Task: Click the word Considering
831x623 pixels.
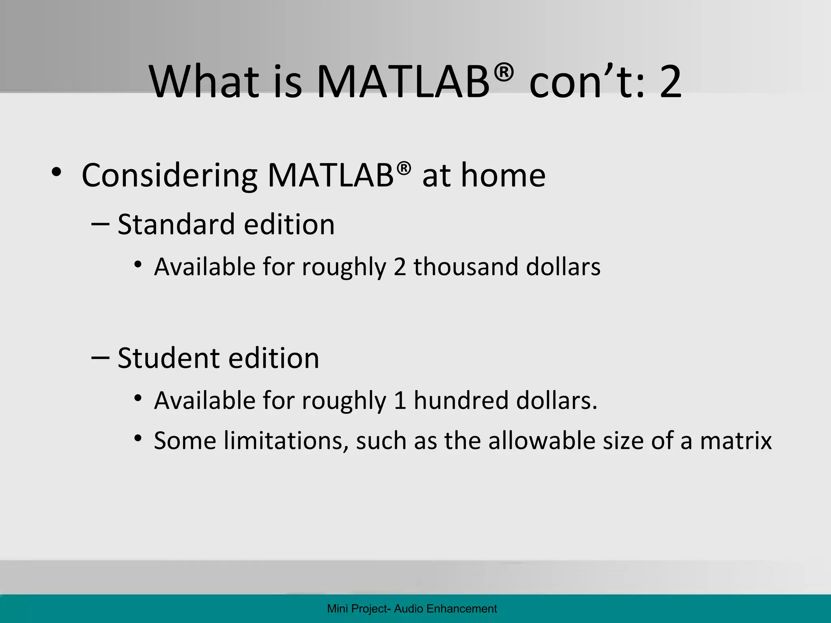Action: click(x=169, y=176)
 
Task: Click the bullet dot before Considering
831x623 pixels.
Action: click(x=56, y=172)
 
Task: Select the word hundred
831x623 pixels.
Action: click(x=461, y=401)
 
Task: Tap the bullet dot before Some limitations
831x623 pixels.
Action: click(x=138, y=438)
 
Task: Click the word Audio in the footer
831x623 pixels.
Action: click(x=409, y=609)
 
